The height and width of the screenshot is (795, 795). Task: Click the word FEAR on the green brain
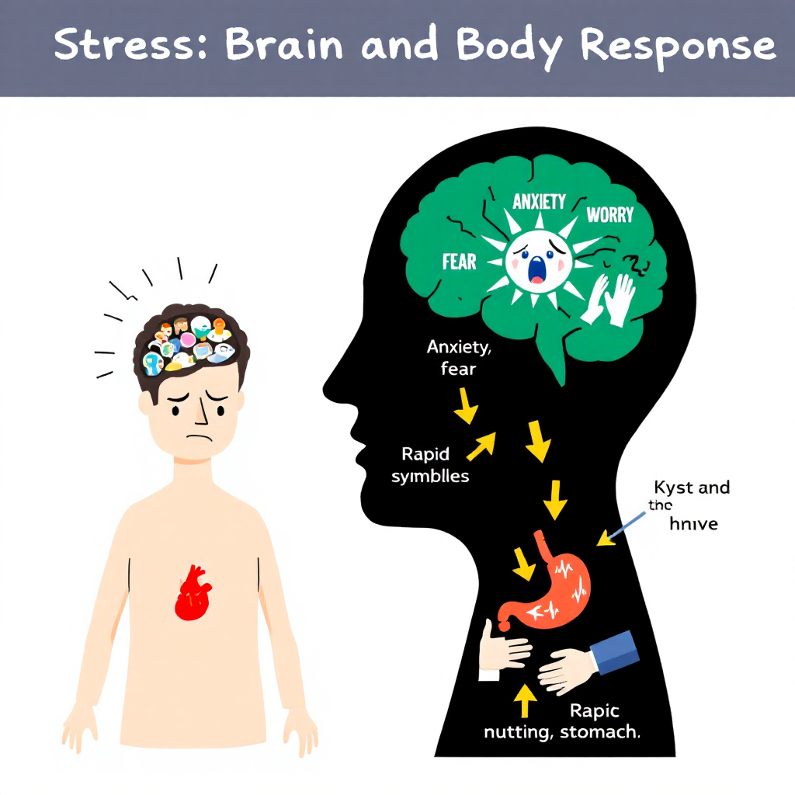459,262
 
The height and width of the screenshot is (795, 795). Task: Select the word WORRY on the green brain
609,214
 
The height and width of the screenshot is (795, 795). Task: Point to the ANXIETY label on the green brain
540,202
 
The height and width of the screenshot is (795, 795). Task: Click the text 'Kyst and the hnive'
688,505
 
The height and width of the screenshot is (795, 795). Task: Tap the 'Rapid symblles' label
430,464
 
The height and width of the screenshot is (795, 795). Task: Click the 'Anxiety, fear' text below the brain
459,358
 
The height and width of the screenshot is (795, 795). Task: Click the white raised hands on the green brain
608,299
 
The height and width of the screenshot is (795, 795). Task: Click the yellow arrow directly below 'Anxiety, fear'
466,405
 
